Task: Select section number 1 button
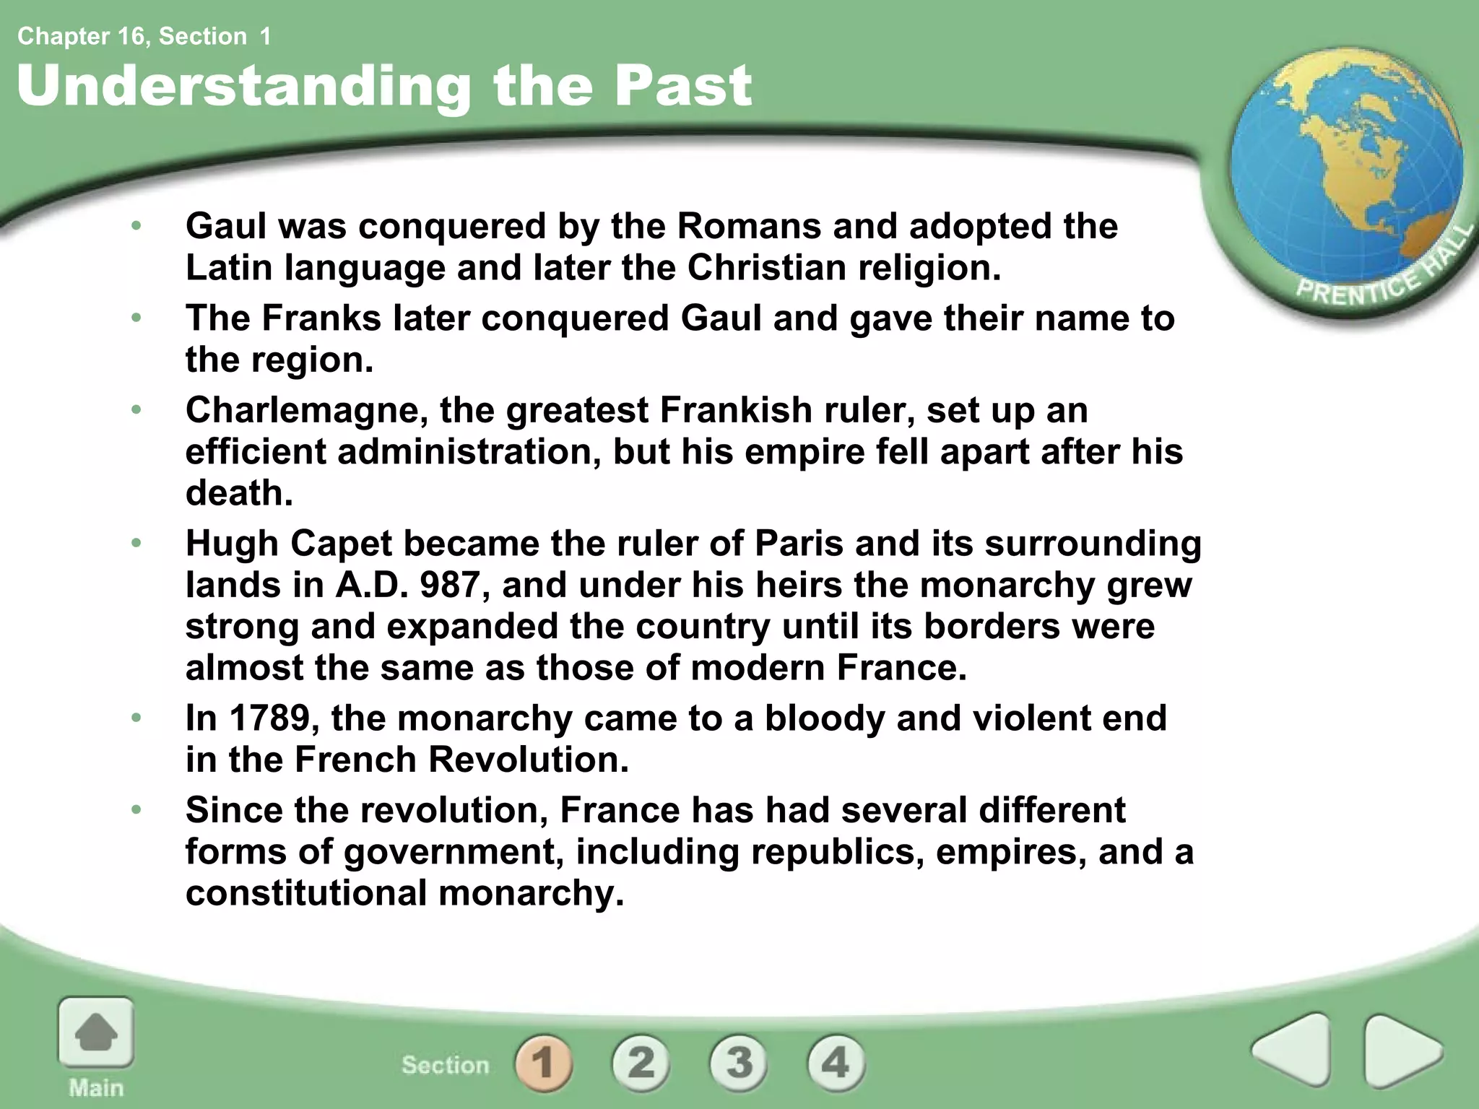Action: pyautogui.click(x=543, y=1063)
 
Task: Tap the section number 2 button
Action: pyautogui.click(x=641, y=1063)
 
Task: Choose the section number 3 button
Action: pyautogui.click(x=738, y=1063)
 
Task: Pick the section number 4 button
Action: pyautogui.click(x=836, y=1063)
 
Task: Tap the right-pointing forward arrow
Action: pyautogui.click(x=1401, y=1051)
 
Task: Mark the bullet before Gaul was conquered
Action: pyautogui.click(x=136, y=226)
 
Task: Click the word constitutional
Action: pyautogui.click(x=307, y=893)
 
